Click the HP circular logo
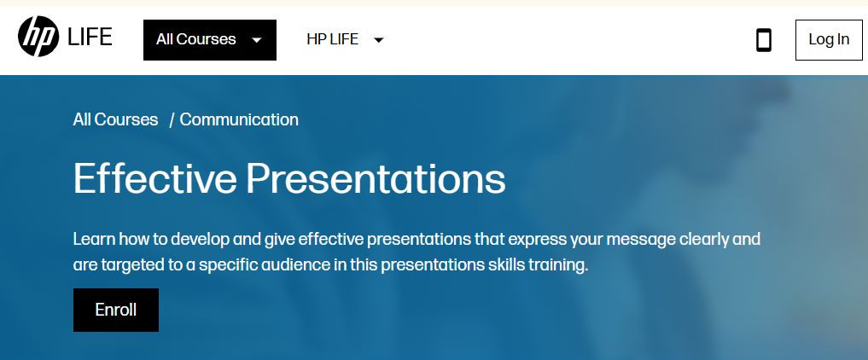[38, 38]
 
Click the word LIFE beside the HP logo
[90, 38]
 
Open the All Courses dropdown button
[209, 40]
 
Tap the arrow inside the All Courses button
[256, 40]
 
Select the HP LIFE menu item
[332, 39]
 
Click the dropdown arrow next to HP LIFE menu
[379, 40]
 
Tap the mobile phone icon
[764, 40]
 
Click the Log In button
[829, 39]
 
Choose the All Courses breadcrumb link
[115, 119]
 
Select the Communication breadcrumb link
[239, 119]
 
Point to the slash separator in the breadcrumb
[172, 120]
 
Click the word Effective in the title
[153, 179]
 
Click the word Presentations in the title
[376, 179]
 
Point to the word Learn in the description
[93, 238]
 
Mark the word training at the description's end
[559, 265]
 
